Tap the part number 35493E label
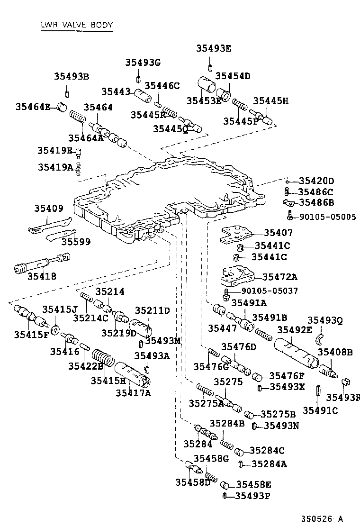point(214,48)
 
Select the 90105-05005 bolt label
point(327,217)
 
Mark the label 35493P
point(253,496)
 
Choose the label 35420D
point(316,181)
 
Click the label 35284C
point(267,450)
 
